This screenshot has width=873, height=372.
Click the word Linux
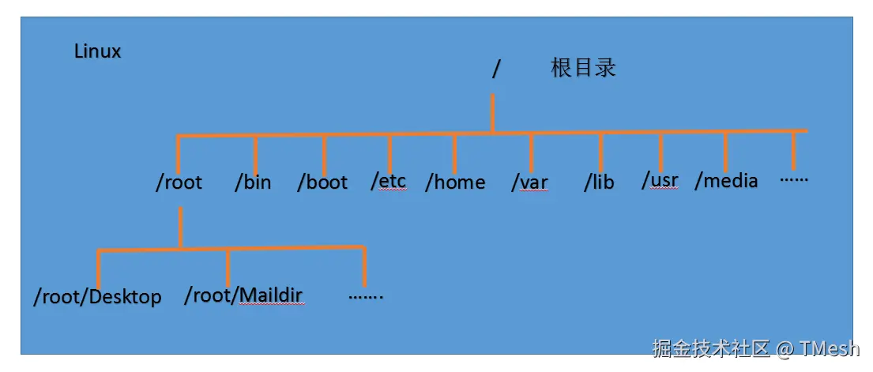(97, 52)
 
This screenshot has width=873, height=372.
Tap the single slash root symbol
(496, 69)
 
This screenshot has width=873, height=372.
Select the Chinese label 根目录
(583, 68)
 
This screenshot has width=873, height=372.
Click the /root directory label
(179, 182)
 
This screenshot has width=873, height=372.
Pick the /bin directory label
(253, 182)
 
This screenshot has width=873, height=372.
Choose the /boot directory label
(322, 182)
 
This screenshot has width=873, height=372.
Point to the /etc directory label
(389, 181)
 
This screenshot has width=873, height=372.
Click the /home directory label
(455, 182)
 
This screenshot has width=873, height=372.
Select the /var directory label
(529, 182)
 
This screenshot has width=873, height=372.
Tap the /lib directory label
(599, 182)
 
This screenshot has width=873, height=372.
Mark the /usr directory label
(660, 181)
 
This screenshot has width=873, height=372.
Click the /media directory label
(726, 181)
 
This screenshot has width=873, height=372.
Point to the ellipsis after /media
(793, 178)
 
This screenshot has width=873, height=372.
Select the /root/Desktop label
(97, 297)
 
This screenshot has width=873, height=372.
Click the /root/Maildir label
(243, 296)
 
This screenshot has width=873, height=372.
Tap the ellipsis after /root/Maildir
(365, 296)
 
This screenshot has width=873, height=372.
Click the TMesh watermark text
(828, 348)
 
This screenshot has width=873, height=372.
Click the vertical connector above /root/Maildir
(228, 269)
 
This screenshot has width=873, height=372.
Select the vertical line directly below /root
(180, 227)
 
